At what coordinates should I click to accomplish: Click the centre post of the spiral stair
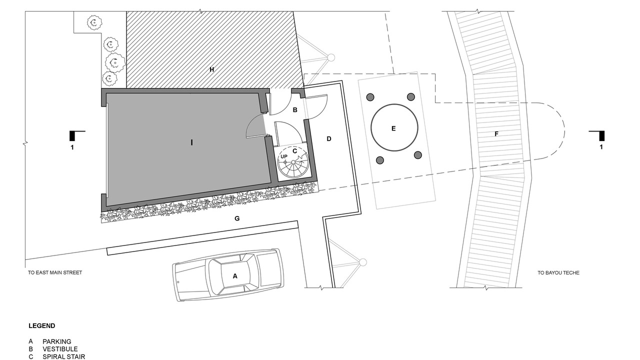pos(293,162)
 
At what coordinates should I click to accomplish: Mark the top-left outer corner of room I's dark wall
pos(101,88)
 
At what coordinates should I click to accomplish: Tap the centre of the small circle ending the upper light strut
pos(331,57)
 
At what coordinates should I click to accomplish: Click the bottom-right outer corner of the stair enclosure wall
pos(317,181)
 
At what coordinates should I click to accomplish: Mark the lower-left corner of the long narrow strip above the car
pos(107,255)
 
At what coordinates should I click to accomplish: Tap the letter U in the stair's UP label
pos(282,156)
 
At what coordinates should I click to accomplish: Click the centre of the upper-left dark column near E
pos(370,97)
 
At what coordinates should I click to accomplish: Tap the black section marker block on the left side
pos(72,135)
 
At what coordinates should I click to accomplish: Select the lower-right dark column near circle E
pos(417,155)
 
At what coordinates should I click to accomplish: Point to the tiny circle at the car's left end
pos(178,282)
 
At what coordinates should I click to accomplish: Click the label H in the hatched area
pos(211,69)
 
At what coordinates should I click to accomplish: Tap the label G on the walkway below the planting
pos(237,218)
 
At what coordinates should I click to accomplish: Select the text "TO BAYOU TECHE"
pos(558,273)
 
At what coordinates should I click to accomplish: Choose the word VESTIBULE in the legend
pos(60,349)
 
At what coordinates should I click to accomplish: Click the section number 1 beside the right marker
pos(601,147)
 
